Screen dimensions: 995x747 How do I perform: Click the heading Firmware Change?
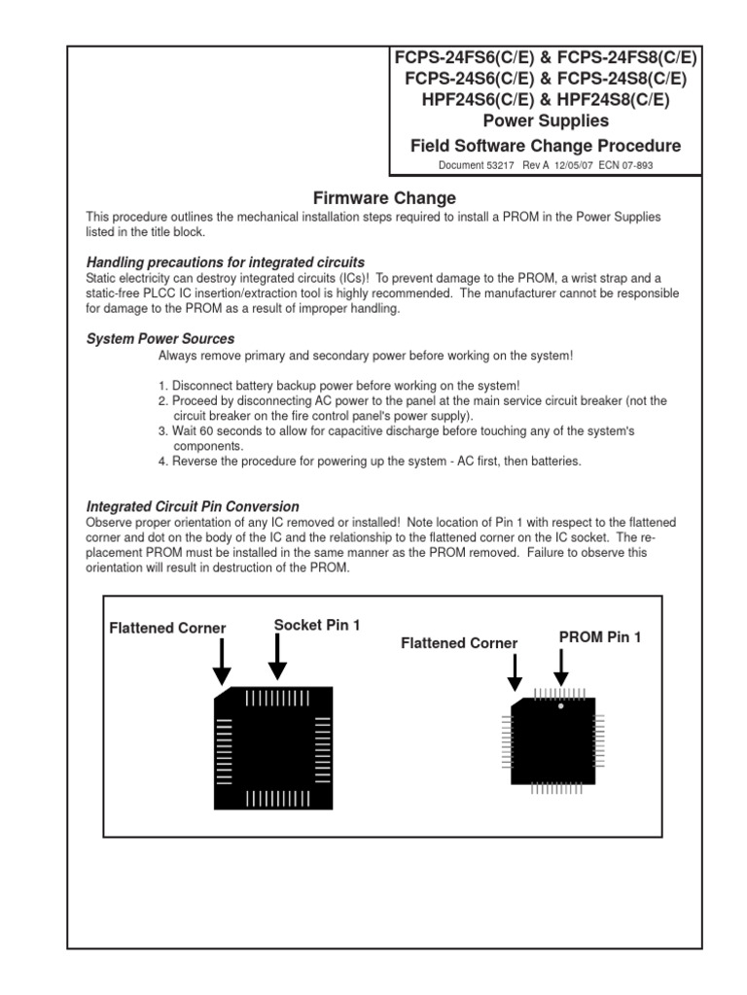384,198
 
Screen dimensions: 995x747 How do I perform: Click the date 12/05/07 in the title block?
570,165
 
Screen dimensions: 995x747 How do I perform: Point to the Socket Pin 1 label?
317,625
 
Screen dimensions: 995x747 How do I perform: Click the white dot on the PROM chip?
560,706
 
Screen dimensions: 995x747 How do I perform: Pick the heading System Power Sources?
160,339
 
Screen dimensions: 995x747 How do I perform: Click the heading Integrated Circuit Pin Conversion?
193,506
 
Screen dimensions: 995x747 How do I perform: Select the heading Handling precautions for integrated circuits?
226,262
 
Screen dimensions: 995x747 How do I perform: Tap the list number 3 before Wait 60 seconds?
162,430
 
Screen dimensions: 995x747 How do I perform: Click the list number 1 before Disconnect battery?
162,385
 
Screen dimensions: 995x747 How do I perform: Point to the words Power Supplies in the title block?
546,121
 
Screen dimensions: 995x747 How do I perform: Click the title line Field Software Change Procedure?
546,146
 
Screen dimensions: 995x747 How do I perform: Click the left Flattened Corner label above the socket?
167,628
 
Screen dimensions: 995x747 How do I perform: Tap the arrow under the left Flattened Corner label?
222,666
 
